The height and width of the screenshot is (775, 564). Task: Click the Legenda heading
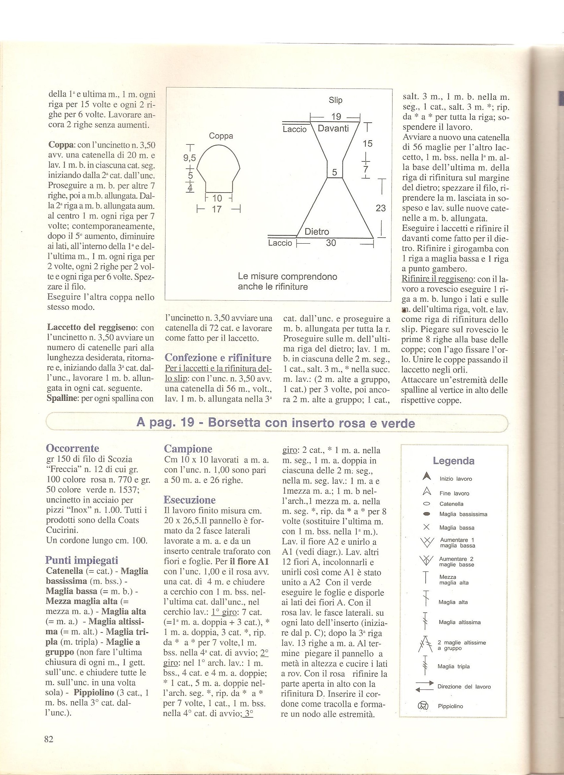[454, 461]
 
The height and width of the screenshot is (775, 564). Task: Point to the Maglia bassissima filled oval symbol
[426, 514]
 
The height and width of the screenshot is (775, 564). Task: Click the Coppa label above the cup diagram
[221, 136]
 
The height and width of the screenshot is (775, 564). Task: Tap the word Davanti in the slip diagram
[333, 128]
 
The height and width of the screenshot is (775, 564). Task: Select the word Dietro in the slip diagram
[317, 232]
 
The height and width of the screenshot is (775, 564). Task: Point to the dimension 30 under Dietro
[331, 243]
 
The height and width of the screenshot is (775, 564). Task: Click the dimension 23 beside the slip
[380, 208]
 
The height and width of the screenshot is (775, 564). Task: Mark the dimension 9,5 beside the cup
[189, 158]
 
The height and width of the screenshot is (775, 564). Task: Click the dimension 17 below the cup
[217, 209]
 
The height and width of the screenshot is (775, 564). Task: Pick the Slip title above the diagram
[335, 100]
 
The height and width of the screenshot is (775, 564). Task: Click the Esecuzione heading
[190, 500]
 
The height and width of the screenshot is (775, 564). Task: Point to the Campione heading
[188, 449]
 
